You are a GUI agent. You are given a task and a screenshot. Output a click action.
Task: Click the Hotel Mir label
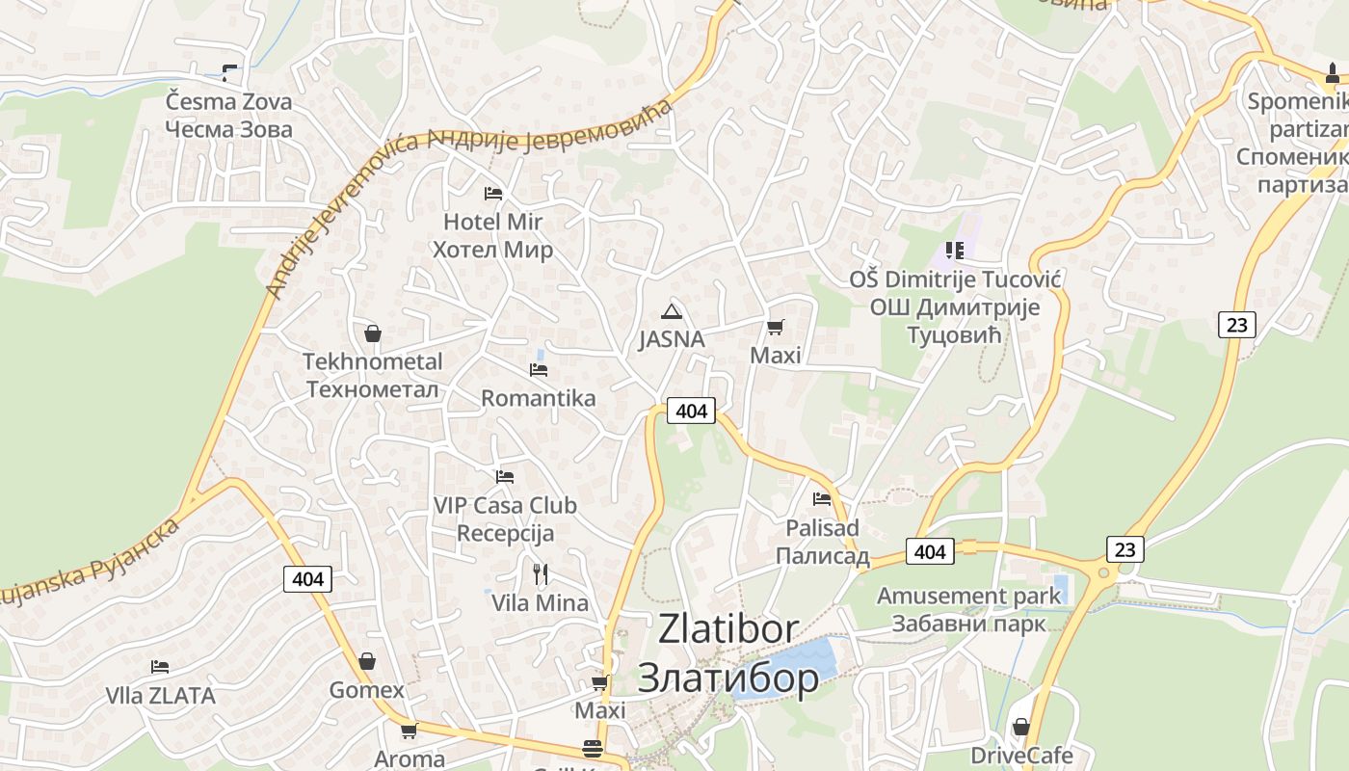492,236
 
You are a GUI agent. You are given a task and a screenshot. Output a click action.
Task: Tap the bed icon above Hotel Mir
493,194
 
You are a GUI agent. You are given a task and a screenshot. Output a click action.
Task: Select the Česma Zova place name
228,115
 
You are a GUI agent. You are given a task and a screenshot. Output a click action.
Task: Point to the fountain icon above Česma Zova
229,72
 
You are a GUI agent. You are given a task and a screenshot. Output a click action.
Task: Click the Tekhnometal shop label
372,375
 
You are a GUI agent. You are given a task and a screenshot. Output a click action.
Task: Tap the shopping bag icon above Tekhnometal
373,334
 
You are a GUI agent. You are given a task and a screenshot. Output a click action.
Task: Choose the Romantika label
538,398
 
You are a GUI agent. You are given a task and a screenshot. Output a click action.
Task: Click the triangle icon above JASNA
672,311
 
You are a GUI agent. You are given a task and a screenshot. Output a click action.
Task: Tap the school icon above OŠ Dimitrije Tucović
955,251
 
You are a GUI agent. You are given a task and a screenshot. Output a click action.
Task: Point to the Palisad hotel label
822,542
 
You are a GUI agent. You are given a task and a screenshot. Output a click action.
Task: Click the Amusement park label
968,609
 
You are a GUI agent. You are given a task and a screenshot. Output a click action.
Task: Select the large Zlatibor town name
728,653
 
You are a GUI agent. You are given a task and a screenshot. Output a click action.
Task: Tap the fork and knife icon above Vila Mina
541,574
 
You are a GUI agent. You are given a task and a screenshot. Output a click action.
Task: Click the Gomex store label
366,690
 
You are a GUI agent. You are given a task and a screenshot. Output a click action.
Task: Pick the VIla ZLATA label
160,695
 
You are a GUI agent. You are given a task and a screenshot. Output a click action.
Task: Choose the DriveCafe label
1021,755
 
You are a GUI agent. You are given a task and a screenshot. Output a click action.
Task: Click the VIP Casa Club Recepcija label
504,518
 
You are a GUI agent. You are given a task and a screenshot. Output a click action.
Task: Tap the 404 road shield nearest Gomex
307,579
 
